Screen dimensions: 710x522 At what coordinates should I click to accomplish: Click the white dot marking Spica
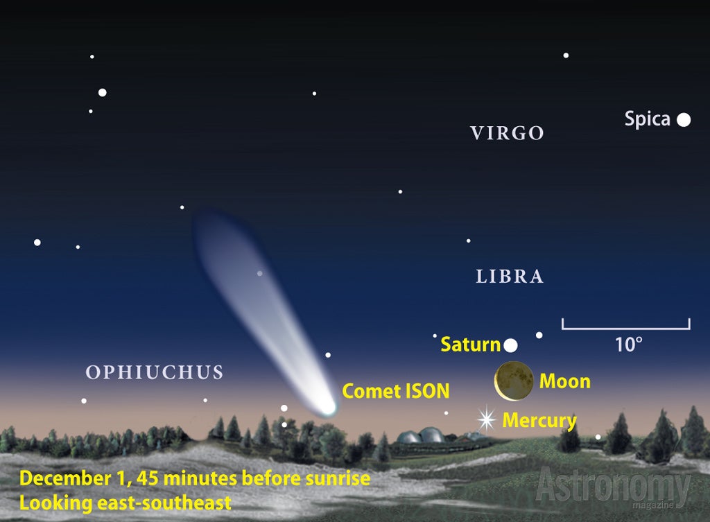(x=684, y=120)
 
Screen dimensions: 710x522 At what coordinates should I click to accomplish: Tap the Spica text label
(x=647, y=119)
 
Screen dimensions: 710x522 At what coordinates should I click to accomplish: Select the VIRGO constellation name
(x=507, y=133)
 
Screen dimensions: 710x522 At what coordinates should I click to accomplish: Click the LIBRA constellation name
(x=510, y=276)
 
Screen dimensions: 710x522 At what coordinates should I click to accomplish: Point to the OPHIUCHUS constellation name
(x=155, y=372)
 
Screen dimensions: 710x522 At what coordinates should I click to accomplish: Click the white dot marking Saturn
(x=511, y=345)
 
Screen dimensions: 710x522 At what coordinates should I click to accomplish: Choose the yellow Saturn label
(x=471, y=345)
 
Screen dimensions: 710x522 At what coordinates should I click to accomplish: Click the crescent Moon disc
(x=514, y=381)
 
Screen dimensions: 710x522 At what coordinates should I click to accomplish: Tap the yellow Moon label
(x=565, y=381)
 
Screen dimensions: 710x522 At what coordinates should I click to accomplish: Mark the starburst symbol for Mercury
(x=487, y=419)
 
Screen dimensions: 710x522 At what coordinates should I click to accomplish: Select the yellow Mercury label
(x=539, y=421)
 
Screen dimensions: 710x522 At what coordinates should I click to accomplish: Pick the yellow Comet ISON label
(x=396, y=391)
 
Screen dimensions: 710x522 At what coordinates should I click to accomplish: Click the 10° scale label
(x=628, y=345)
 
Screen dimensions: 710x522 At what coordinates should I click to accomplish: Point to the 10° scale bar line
(x=626, y=328)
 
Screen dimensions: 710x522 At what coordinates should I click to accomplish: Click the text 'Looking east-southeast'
(x=125, y=503)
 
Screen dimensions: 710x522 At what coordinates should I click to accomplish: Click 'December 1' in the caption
(x=76, y=478)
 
